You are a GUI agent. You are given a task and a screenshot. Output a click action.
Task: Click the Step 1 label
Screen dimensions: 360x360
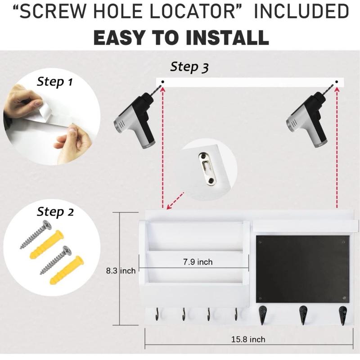point(54,81)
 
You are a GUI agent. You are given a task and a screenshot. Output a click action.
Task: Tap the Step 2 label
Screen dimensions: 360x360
point(55,211)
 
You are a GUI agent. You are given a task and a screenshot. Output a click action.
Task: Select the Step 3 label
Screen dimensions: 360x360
point(189,67)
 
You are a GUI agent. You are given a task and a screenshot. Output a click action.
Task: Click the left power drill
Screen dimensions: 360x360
point(135,119)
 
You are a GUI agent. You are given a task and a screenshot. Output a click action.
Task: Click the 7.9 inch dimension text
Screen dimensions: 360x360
point(198,262)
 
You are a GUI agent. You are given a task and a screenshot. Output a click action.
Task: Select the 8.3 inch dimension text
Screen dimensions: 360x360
point(121,271)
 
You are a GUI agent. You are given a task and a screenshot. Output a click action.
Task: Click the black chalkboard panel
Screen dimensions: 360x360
point(302,269)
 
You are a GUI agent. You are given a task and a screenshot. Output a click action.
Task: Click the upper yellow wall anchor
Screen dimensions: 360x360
point(47,243)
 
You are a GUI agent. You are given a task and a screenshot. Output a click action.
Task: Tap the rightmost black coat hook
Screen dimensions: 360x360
point(343,313)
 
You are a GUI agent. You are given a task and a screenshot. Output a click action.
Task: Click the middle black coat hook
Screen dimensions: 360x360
point(303,313)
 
